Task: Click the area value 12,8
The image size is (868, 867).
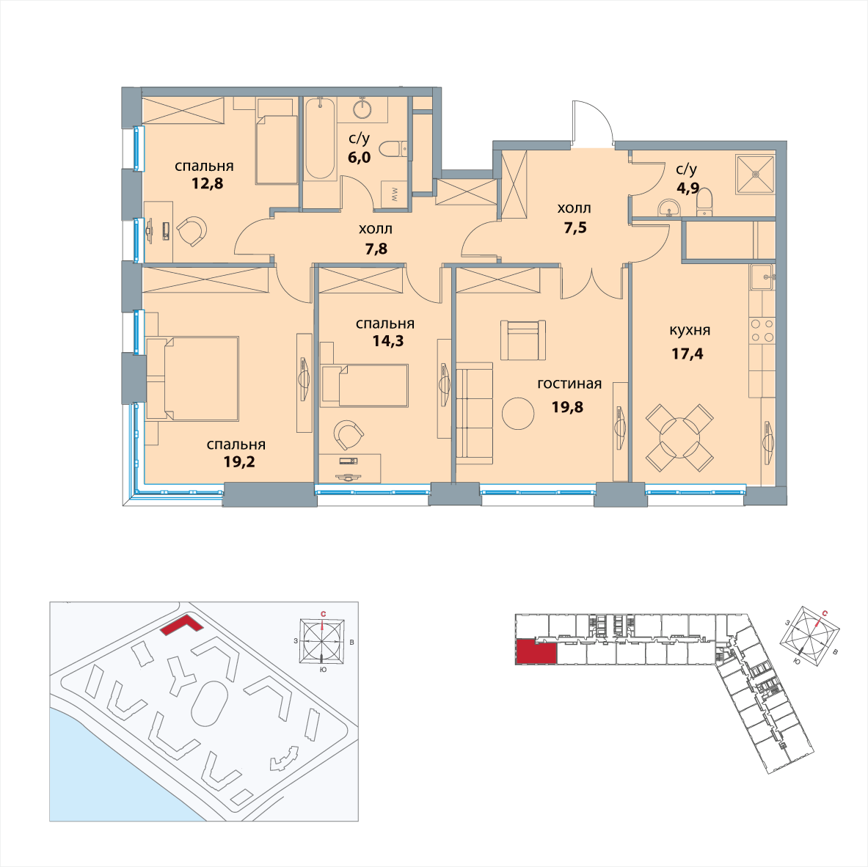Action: pyautogui.click(x=208, y=183)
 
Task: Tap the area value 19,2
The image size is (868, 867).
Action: pyautogui.click(x=239, y=461)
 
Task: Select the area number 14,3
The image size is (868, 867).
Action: pyautogui.click(x=387, y=341)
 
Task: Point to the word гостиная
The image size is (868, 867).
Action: pyautogui.click(x=569, y=384)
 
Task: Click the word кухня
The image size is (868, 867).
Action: pyautogui.click(x=690, y=331)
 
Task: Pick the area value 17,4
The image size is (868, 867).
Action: pyautogui.click(x=688, y=353)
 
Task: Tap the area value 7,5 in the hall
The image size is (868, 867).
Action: pyautogui.click(x=575, y=227)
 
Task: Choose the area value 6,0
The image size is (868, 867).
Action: pyautogui.click(x=359, y=157)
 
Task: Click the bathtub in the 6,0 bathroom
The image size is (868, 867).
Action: pyautogui.click(x=320, y=139)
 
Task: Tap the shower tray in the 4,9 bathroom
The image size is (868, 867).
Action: pyautogui.click(x=755, y=174)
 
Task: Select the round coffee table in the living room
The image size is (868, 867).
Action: pyautogui.click(x=518, y=413)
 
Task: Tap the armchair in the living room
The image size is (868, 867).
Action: pyautogui.click(x=523, y=340)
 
